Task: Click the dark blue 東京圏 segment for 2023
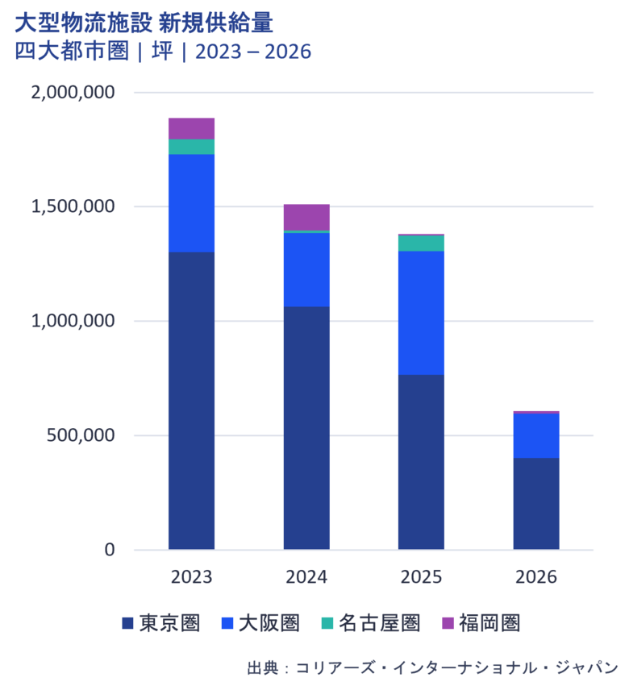pyautogui.click(x=191, y=400)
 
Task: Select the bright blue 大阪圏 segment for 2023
pyautogui.click(x=191, y=202)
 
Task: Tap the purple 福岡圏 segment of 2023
pyautogui.click(x=191, y=127)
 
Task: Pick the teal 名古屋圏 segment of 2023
pyautogui.click(x=191, y=146)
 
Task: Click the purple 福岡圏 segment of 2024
pyautogui.click(x=306, y=216)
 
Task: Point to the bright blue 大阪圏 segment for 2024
pyautogui.click(x=306, y=269)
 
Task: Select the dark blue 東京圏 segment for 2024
pyautogui.click(x=306, y=427)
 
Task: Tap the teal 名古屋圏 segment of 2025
pyautogui.click(x=421, y=243)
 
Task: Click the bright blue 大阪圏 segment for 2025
pyautogui.click(x=421, y=313)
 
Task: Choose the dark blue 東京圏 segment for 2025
pyautogui.click(x=421, y=462)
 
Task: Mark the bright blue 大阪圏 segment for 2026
pyautogui.click(x=536, y=435)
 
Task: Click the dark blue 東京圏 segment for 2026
pyautogui.click(x=536, y=504)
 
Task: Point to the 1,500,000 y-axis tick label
pyautogui.click(x=73, y=206)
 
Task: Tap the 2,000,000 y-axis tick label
pyautogui.click(x=73, y=92)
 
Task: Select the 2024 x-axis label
pyautogui.click(x=306, y=577)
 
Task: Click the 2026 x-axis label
pyautogui.click(x=536, y=577)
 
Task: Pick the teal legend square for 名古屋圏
pyautogui.click(x=327, y=623)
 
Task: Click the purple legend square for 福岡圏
pyautogui.click(x=448, y=623)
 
